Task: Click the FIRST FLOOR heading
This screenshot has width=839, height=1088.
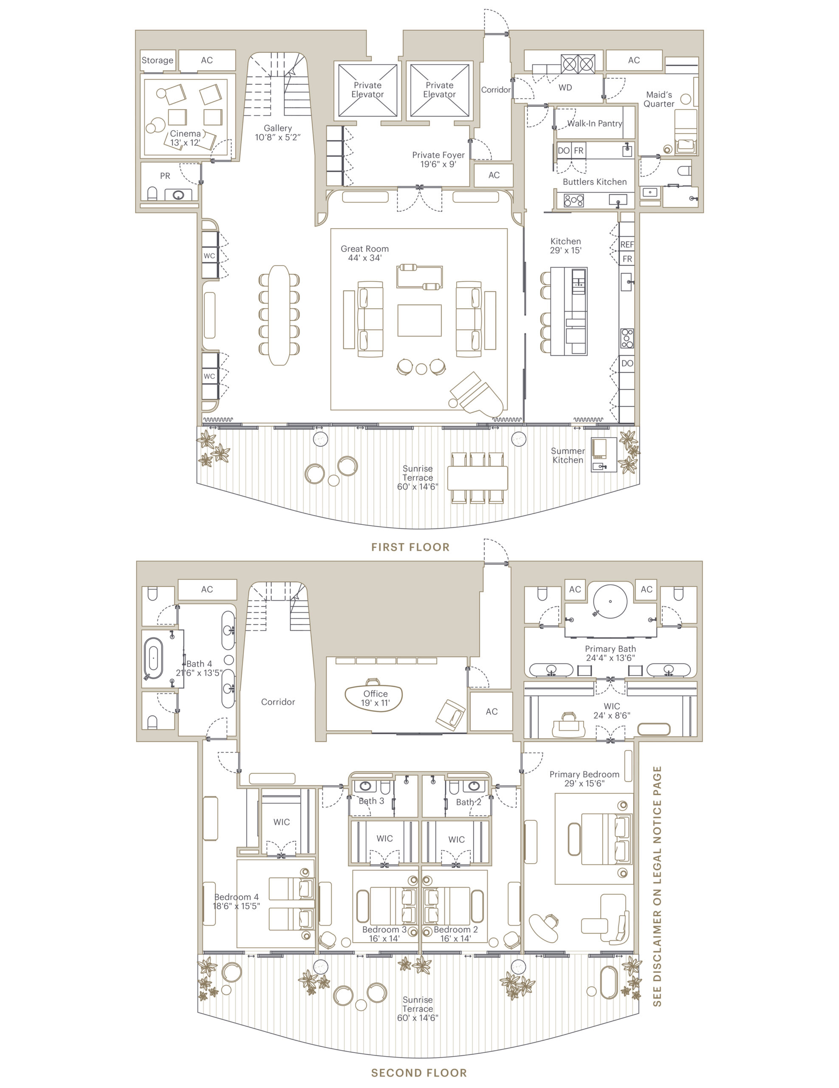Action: click(410, 547)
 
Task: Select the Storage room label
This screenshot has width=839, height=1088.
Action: click(157, 60)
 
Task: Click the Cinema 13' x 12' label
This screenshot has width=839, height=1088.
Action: click(185, 138)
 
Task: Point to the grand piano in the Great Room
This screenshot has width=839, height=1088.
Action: click(475, 394)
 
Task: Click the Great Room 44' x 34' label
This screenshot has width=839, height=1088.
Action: click(364, 253)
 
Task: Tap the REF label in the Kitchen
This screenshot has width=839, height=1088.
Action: click(627, 245)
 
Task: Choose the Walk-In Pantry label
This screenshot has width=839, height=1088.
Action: click(594, 124)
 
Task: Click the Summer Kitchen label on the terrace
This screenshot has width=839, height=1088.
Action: click(568, 455)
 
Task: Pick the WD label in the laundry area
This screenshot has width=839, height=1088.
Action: click(565, 88)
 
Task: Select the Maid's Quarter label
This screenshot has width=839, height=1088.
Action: click(659, 99)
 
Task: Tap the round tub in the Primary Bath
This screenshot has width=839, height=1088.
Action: click(610, 601)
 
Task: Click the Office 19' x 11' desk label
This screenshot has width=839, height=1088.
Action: click(375, 698)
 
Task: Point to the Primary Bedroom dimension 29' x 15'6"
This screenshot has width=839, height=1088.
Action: click(584, 784)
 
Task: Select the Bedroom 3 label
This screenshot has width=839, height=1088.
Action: click(384, 929)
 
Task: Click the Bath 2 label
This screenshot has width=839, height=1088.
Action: click(469, 802)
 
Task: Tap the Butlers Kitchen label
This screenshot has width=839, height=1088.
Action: click(594, 182)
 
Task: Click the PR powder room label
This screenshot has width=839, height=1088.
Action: click(165, 176)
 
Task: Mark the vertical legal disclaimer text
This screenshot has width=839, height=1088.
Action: click(657, 886)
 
